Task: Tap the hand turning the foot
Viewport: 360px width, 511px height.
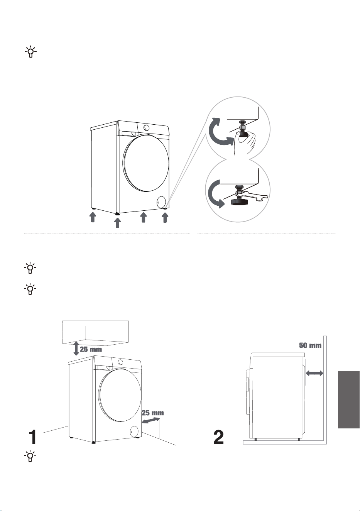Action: click(x=245, y=142)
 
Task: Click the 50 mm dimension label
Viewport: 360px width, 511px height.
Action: click(x=310, y=345)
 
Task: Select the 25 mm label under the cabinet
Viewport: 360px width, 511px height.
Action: click(x=91, y=349)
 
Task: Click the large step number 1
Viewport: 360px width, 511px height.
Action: click(x=33, y=437)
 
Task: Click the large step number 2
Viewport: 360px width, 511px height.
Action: click(x=218, y=437)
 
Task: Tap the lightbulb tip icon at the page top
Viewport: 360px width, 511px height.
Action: click(x=30, y=52)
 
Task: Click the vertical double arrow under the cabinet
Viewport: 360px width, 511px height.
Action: click(x=76, y=349)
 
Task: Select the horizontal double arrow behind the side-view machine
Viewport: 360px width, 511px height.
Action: click(x=314, y=373)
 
